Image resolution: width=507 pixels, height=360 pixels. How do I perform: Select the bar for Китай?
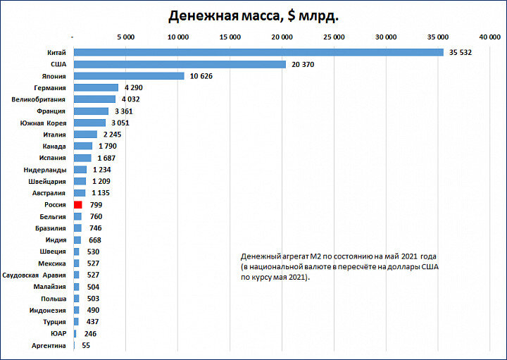(258, 52)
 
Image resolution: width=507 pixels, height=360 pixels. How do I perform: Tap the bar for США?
(180, 64)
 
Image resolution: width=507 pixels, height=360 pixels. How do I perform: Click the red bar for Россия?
(78, 204)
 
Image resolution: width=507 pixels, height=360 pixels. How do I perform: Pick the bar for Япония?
(129, 76)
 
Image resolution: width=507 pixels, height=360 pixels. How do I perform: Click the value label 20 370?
(306, 64)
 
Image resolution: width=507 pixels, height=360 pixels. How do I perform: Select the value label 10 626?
(205, 76)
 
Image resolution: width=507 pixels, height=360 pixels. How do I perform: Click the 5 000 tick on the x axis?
(125, 36)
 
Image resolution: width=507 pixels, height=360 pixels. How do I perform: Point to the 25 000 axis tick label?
(334, 36)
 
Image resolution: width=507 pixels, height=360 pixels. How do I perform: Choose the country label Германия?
(50, 88)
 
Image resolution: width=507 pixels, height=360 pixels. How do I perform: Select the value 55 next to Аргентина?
(86, 346)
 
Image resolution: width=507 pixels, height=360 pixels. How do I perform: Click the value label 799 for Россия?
(96, 204)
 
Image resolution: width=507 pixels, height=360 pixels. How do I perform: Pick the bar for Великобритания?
(94, 99)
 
